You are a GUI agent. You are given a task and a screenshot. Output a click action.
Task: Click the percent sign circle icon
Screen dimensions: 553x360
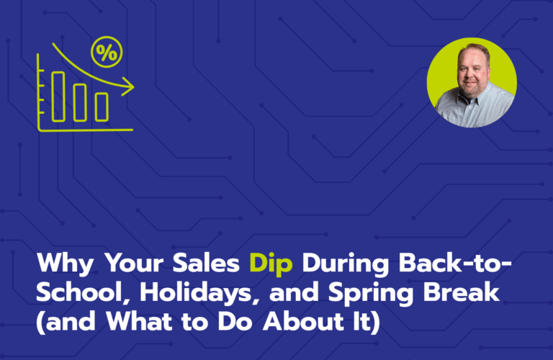point(107,52)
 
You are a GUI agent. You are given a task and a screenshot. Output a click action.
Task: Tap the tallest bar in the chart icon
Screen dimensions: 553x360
point(58,96)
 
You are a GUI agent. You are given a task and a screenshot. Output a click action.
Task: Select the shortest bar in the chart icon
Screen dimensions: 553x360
point(102,107)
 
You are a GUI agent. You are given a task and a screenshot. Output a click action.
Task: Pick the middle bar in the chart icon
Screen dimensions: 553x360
point(80,103)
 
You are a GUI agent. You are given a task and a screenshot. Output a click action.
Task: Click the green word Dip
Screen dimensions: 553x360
point(271,264)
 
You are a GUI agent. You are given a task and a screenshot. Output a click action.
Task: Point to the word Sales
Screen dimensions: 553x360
point(206,263)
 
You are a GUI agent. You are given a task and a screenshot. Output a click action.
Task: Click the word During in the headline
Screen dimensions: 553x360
point(346,264)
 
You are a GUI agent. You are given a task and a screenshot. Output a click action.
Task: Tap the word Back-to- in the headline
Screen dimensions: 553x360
point(455,263)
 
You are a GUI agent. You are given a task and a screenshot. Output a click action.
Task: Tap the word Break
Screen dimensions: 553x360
point(462,292)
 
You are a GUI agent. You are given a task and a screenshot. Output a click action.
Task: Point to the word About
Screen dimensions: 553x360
point(303,321)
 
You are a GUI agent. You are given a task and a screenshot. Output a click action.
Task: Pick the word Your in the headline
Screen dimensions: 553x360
point(133,263)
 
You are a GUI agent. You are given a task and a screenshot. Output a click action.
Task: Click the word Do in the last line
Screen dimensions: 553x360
point(235,321)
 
